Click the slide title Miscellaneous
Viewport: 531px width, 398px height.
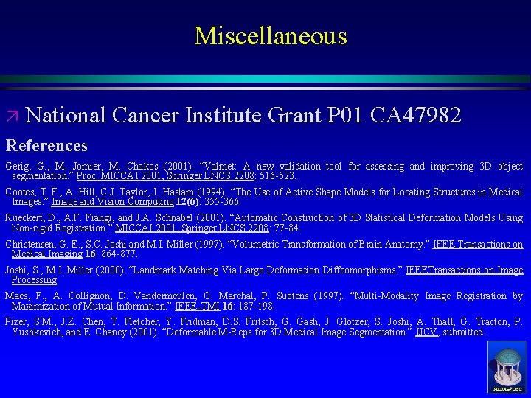pos(270,36)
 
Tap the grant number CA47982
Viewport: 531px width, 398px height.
pos(416,116)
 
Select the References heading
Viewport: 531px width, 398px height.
pos(46,145)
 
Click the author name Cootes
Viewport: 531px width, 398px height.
pos(21,192)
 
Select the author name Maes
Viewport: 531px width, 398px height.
pos(18,296)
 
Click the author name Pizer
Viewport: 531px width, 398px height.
pos(18,322)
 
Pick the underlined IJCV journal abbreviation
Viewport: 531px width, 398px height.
pos(426,332)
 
